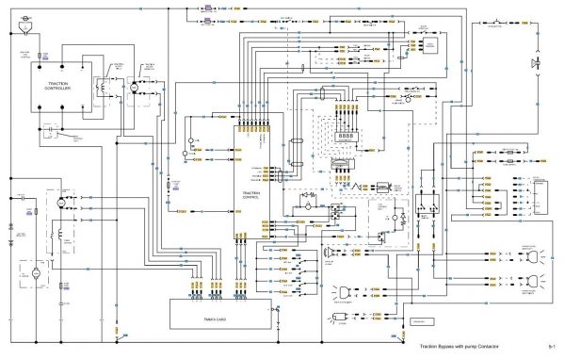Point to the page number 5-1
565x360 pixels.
point(552,348)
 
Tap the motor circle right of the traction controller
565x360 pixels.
point(134,86)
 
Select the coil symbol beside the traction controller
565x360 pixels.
point(103,85)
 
